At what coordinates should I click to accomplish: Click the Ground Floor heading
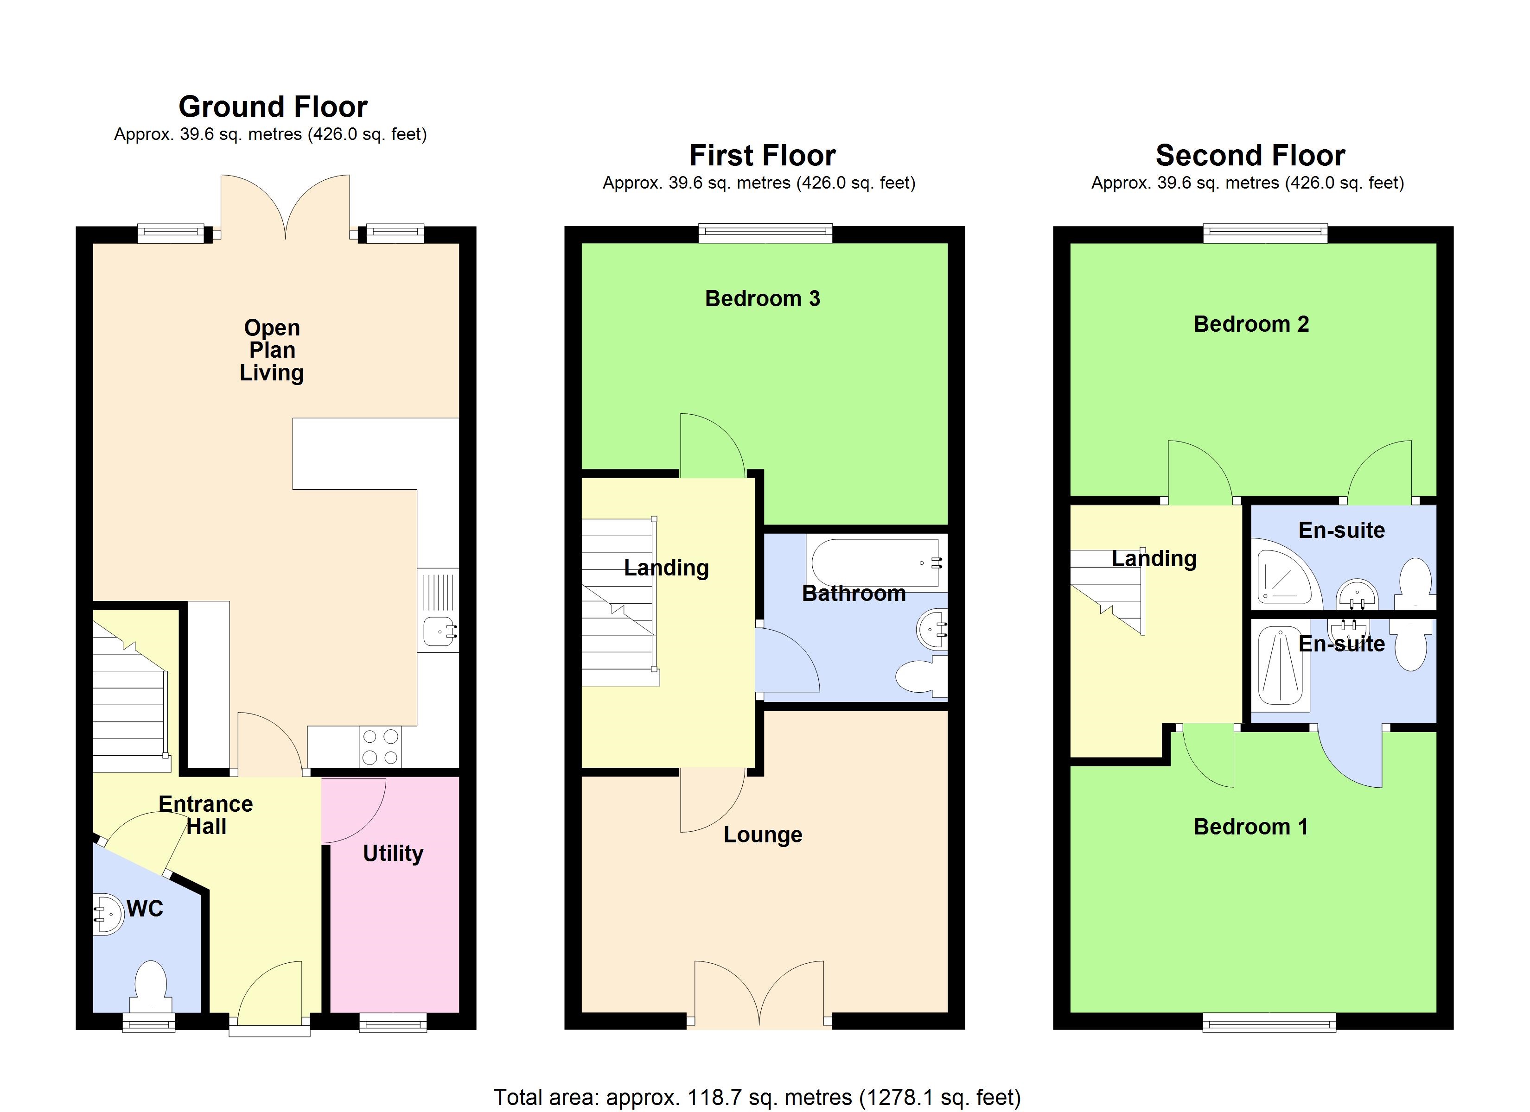pyautogui.click(x=273, y=107)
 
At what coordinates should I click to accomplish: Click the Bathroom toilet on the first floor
pyautogui.click(x=921, y=676)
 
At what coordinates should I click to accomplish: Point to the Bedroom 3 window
pyautogui.click(x=765, y=234)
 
